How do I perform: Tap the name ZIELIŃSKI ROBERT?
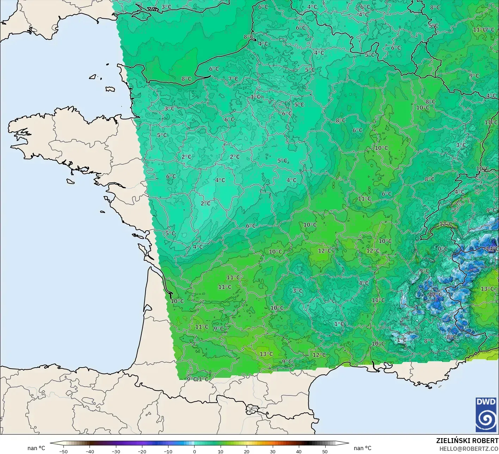467,441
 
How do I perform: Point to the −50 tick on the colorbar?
63,451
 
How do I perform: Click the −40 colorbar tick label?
90,451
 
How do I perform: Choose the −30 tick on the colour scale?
116,451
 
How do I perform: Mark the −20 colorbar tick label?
142,451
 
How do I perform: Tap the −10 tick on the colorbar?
168,451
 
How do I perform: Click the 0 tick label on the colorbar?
195,451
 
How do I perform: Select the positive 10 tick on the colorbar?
221,451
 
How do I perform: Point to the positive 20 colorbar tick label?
247,451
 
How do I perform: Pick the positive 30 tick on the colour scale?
273,451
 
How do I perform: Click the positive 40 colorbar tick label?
299,451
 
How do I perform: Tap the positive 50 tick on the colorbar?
325,451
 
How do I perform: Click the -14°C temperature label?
492,249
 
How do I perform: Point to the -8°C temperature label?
451,337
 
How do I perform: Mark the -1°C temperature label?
401,340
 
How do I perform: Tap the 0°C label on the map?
443,249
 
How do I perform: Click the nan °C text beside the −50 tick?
36,448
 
